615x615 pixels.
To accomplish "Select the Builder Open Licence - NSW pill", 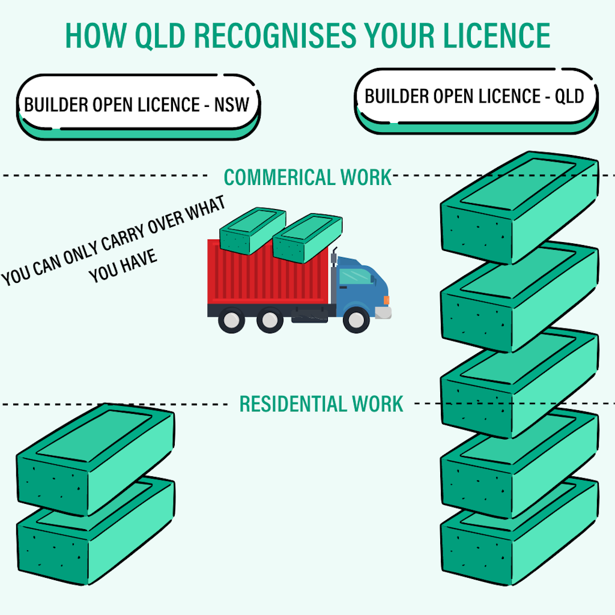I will point(138,106).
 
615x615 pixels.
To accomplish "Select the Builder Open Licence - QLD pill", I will point(474,97).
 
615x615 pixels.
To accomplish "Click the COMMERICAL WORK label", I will point(307,178).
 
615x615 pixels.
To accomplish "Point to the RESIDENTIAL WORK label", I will point(321,404).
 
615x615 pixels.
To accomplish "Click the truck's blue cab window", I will point(356,276).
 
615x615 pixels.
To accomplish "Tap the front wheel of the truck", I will point(357,320).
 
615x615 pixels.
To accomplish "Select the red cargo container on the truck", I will point(267,273).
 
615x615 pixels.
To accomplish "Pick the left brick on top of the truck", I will point(252,231).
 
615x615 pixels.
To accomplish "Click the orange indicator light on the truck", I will point(386,300).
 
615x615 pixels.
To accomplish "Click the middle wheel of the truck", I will point(268,320).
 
